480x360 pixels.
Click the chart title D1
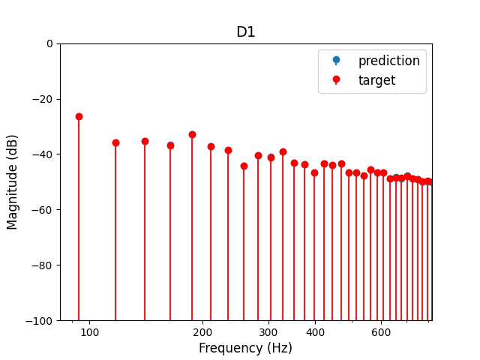tap(245, 32)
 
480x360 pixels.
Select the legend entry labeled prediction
tap(388, 61)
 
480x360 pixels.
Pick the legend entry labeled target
tap(376, 80)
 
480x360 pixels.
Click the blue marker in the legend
tap(336, 60)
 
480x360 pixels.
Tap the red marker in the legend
tap(336, 79)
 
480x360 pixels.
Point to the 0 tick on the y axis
tap(49, 43)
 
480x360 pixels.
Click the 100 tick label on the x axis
tap(90, 332)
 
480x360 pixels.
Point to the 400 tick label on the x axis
tap(315, 332)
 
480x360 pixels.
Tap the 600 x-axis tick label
tap(381, 332)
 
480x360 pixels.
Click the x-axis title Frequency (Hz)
tap(245, 348)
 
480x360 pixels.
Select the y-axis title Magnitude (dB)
tap(13, 182)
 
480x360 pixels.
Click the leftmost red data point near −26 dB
tap(79, 116)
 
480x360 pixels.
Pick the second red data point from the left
tap(115, 142)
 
